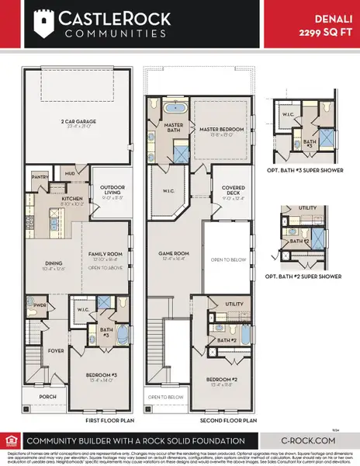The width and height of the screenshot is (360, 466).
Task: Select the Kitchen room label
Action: pyautogui.click(x=61, y=199)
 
